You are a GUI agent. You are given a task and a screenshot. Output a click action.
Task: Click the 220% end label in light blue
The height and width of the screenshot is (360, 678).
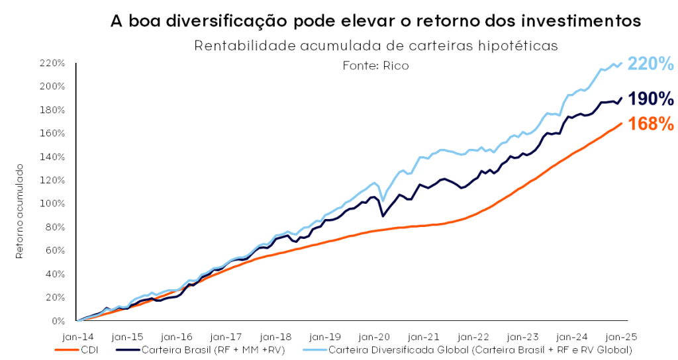click(x=650, y=64)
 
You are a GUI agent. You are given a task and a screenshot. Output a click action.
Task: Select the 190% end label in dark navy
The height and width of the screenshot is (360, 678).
click(x=651, y=99)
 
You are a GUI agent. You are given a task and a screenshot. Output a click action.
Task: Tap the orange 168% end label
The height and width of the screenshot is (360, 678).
click(x=651, y=124)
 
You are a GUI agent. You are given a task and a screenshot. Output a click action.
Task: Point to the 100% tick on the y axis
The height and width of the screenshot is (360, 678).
click(x=53, y=204)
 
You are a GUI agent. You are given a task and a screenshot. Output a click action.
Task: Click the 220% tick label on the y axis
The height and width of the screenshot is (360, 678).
click(x=53, y=63)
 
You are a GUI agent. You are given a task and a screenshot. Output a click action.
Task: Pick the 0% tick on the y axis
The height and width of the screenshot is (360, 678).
click(x=58, y=321)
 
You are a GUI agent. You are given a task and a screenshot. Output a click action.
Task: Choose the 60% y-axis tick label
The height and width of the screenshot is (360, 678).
click(x=55, y=251)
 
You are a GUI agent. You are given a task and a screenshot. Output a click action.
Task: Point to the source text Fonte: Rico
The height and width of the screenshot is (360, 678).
click(x=375, y=66)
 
